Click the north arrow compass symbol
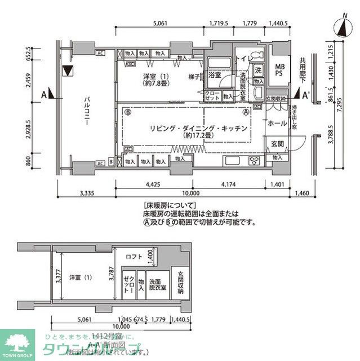click(342, 27)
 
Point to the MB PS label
click(278, 70)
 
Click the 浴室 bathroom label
click(215, 74)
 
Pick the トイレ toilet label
click(242, 58)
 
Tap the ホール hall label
click(277, 122)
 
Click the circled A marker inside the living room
click(246, 112)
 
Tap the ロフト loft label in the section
click(134, 257)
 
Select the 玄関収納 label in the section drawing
click(181, 283)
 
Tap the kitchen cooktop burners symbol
click(254, 160)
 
